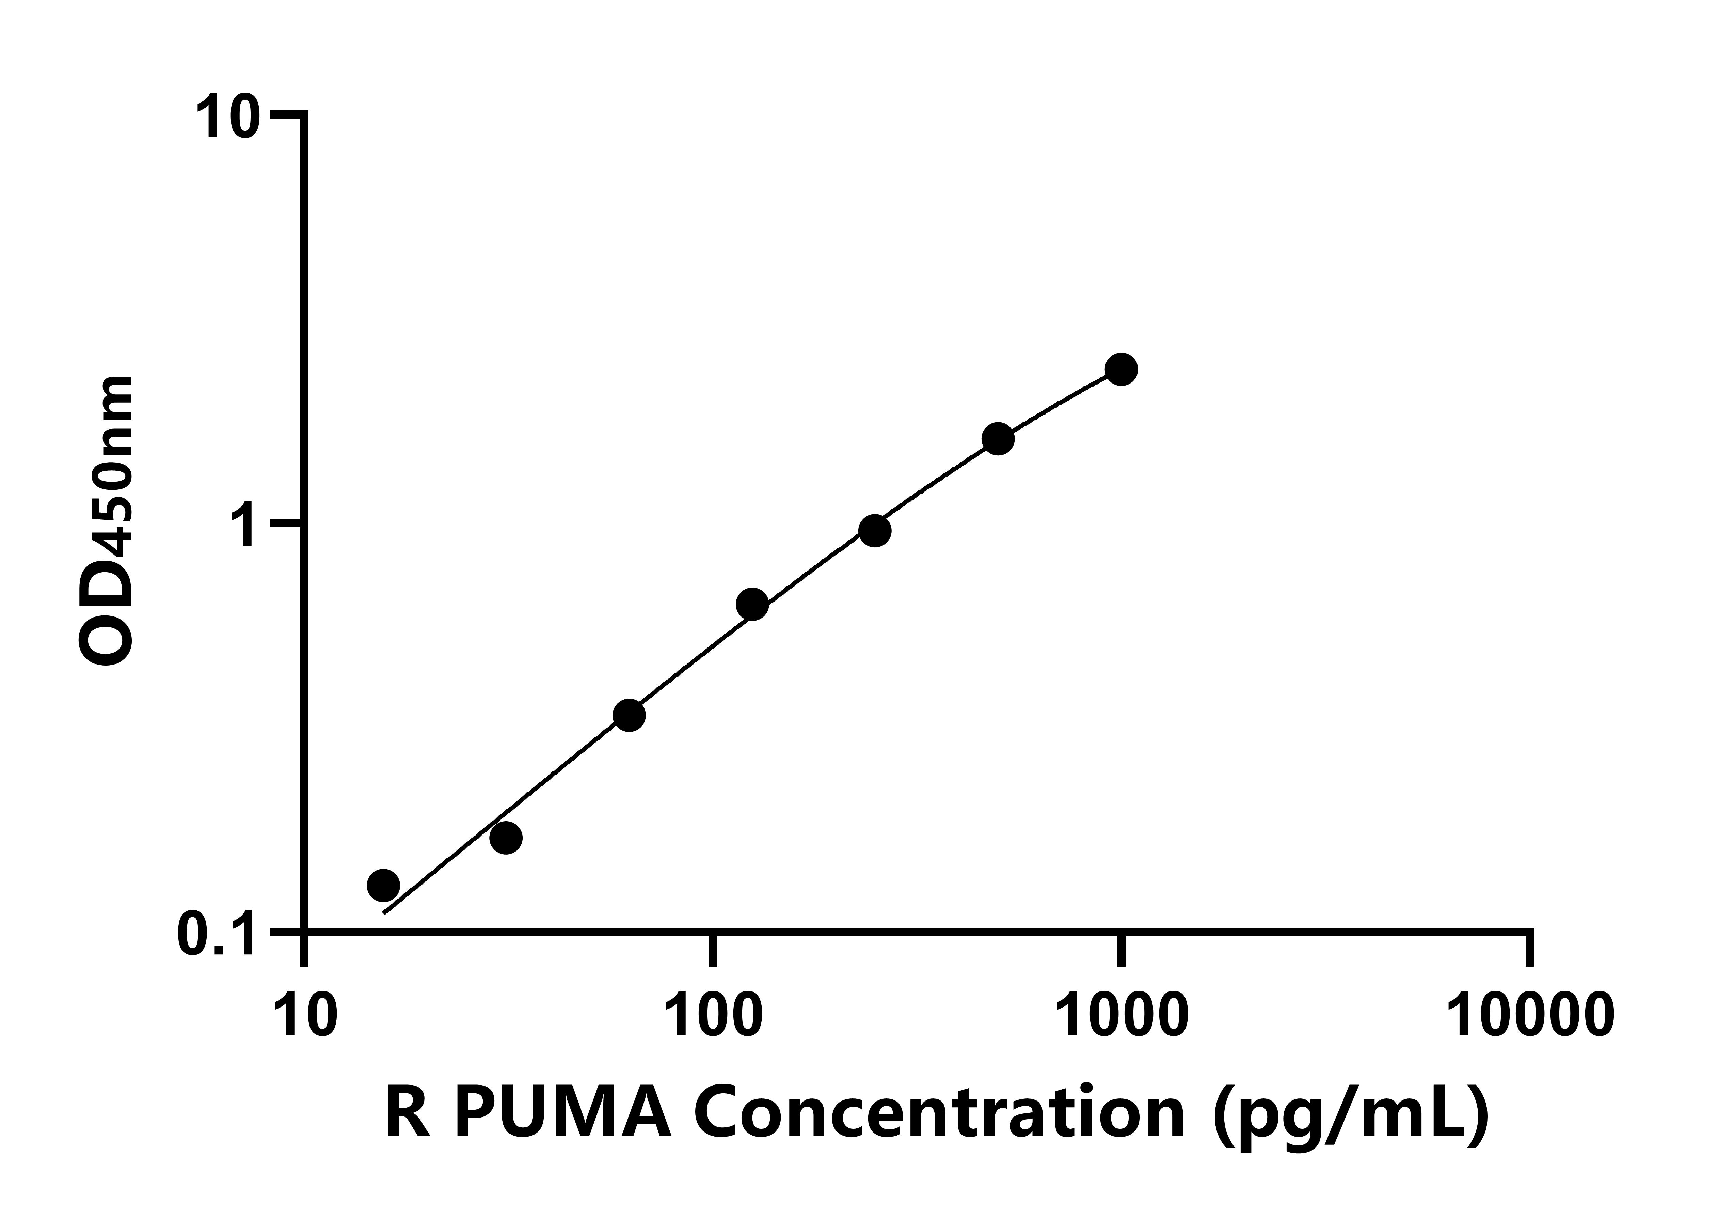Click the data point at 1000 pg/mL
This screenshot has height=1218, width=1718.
coord(1120,369)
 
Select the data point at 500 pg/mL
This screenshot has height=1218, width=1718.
coord(998,439)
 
